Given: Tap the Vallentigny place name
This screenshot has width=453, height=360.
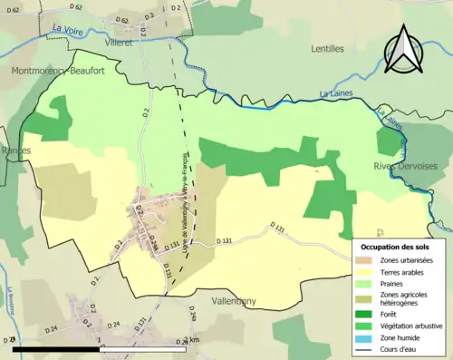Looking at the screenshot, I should (244, 299).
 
